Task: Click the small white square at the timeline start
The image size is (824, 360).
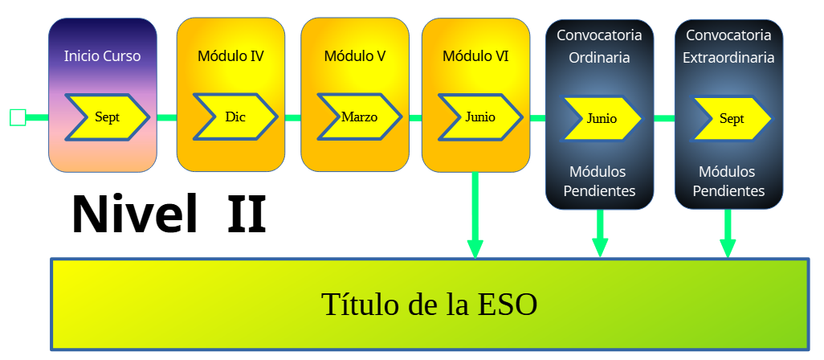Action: [x=18, y=117]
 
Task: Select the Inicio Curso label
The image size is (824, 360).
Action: [x=103, y=55]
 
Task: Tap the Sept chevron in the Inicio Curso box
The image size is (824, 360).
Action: [x=108, y=117]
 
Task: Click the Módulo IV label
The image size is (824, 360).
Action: [x=230, y=55]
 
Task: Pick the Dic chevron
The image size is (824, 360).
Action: [x=235, y=117]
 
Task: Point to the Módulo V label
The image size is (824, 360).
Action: [x=355, y=55]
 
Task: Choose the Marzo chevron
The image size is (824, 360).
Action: [x=360, y=117]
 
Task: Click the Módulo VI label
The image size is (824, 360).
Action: [x=475, y=55]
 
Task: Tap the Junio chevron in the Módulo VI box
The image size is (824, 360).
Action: [x=480, y=117]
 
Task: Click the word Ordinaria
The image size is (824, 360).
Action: [x=600, y=57]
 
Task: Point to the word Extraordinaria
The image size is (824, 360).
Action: [x=728, y=57]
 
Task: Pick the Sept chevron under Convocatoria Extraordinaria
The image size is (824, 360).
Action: [x=731, y=118]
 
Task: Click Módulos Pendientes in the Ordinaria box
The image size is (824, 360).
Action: [x=600, y=182]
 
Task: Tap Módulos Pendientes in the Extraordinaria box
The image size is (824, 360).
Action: [x=728, y=182]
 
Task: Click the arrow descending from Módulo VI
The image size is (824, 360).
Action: [x=475, y=215]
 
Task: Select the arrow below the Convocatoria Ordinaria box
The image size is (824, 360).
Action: [x=600, y=233]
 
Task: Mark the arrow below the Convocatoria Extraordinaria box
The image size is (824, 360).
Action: [x=728, y=233]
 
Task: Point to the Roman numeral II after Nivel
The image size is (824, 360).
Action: [x=247, y=215]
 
